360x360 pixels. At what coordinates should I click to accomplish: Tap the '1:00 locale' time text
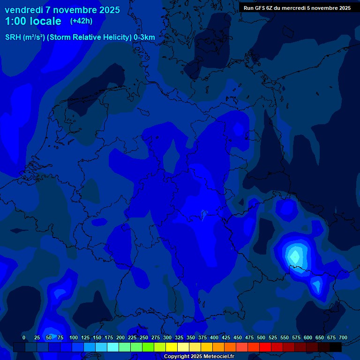coord(33,21)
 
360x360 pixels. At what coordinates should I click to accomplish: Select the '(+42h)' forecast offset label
coord(81,21)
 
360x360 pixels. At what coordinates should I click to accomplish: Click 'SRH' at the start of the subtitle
coord(13,37)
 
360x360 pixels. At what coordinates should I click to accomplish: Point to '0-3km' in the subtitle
coord(144,37)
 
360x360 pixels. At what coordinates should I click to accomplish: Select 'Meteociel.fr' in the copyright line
coord(216,357)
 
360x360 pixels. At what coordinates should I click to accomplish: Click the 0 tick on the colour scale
coord(24,337)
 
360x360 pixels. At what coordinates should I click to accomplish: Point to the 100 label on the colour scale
coord(74,337)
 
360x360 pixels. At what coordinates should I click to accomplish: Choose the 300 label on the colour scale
coord(167,337)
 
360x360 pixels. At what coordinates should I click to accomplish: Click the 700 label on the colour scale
coord(343,337)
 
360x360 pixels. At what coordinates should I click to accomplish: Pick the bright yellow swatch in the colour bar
coord(172,347)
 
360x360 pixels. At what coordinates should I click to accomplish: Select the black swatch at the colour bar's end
coord(336,347)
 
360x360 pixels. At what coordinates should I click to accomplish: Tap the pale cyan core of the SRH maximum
coord(295,256)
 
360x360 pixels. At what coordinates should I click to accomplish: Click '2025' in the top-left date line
coord(107,10)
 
